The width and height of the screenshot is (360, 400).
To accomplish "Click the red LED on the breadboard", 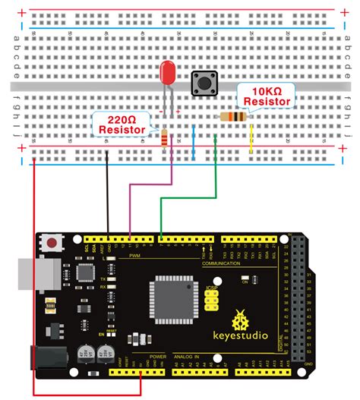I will click(x=168, y=74).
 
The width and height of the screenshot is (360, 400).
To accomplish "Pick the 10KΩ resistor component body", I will click(x=232, y=116).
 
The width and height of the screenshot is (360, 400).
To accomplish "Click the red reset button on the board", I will click(x=52, y=244).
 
